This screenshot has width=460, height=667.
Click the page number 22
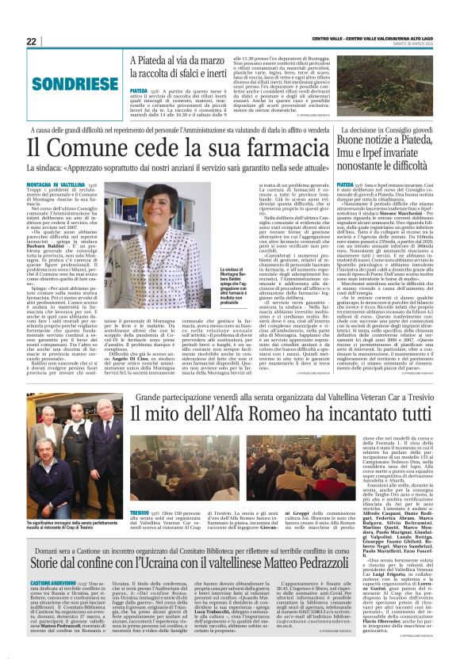click(x=31, y=41)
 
